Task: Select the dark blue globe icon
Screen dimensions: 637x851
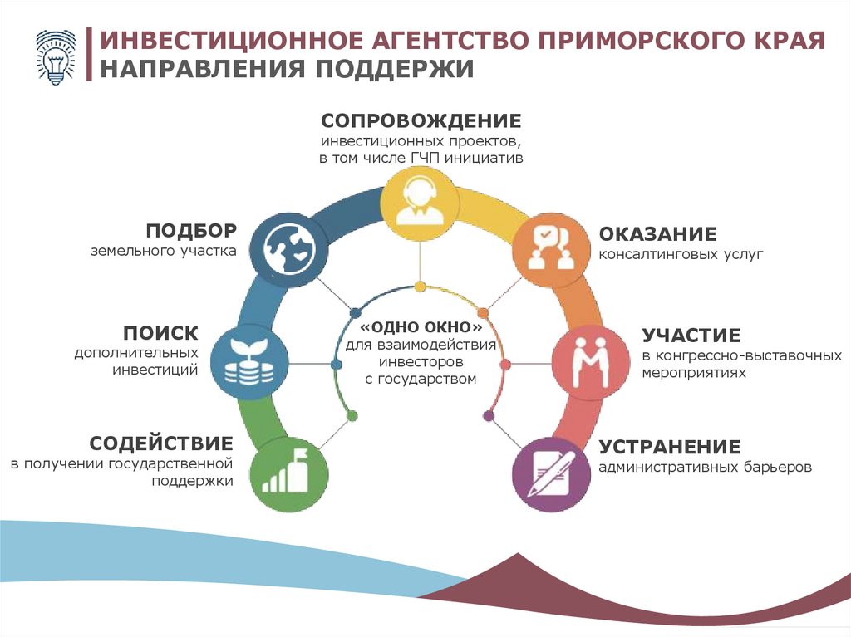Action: pos(288,247)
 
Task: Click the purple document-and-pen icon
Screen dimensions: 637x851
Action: pos(551,472)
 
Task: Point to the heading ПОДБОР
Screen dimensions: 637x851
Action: pos(192,230)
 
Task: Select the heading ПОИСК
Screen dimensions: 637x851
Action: pos(160,334)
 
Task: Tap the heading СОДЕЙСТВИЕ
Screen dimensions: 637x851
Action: pos(161,442)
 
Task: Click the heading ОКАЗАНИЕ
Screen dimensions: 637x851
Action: pos(657,234)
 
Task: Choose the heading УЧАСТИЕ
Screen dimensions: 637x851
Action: pos(691,336)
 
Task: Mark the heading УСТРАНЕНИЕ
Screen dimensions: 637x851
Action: pos(669,446)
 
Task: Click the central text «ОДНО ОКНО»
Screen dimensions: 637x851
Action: pos(421,326)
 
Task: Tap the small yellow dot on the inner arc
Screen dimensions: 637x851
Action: pos(421,287)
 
